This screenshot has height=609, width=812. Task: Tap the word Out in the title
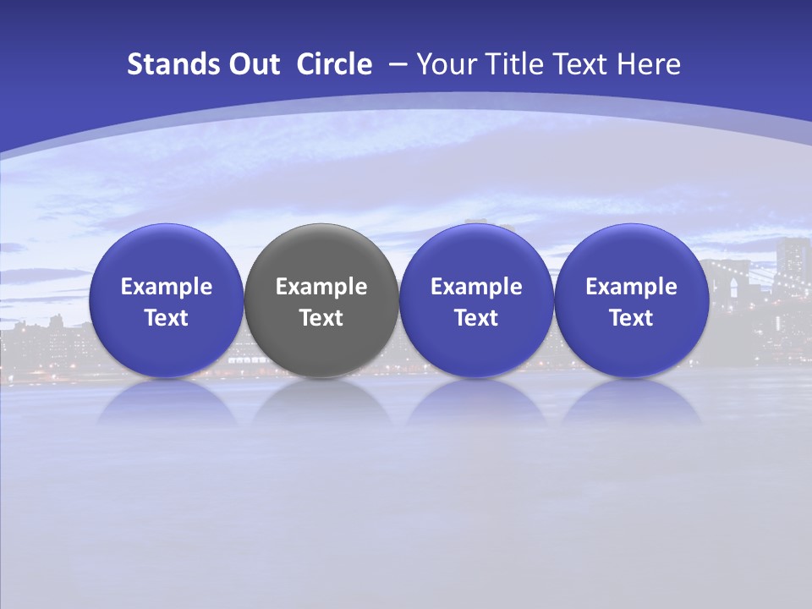click(x=252, y=64)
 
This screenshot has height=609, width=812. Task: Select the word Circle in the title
click(x=334, y=64)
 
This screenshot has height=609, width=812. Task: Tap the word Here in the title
click(x=650, y=64)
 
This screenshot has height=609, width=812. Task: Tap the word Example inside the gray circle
click(x=321, y=287)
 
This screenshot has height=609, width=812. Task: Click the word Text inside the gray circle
click(x=321, y=318)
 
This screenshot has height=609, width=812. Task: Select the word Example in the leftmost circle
click(x=166, y=287)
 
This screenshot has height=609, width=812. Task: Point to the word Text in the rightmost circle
click(x=631, y=318)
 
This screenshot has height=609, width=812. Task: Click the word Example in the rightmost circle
click(x=631, y=287)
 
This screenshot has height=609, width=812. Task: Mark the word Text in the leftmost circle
click(x=166, y=318)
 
